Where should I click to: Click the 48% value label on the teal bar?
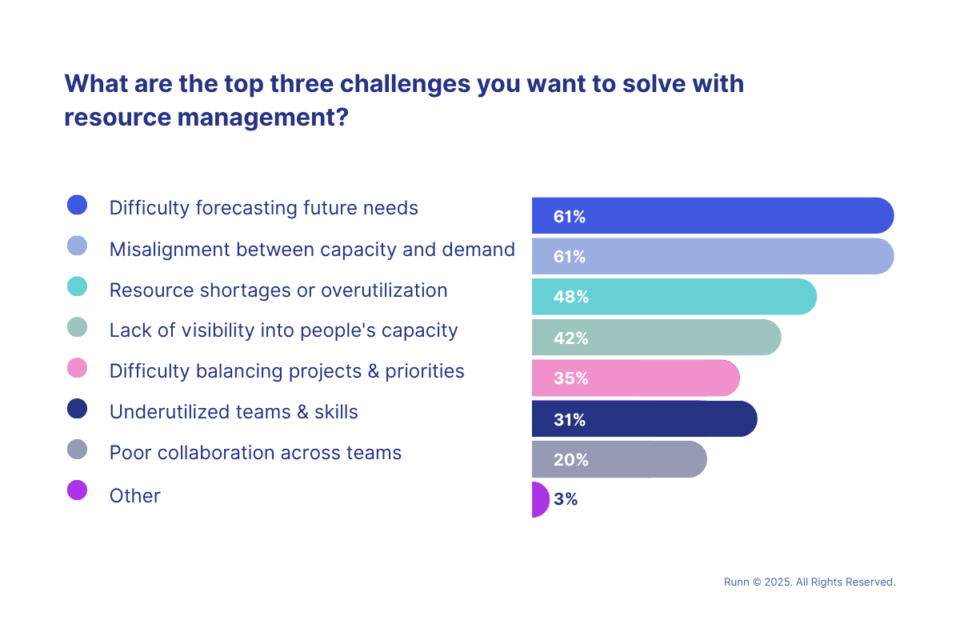pos(571,298)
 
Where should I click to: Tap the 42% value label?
pos(571,338)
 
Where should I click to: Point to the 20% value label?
pos(571,460)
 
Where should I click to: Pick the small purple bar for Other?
pos(539,500)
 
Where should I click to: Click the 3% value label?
pos(566,500)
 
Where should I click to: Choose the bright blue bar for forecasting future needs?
pos(712,216)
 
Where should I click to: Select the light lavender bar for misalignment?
pos(712,257)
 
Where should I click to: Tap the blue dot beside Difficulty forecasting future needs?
pos(77,206)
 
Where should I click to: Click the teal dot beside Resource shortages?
pos(77,287)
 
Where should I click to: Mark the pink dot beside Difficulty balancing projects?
pos(77,369)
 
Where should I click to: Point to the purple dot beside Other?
pos(77,490)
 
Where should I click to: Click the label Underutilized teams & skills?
pos(234,412)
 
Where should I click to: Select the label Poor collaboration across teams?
pos(255,453)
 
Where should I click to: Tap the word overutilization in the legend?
pos(384,290)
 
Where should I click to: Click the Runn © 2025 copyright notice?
pos(809,582)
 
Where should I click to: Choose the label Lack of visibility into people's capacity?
pos(283,330)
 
